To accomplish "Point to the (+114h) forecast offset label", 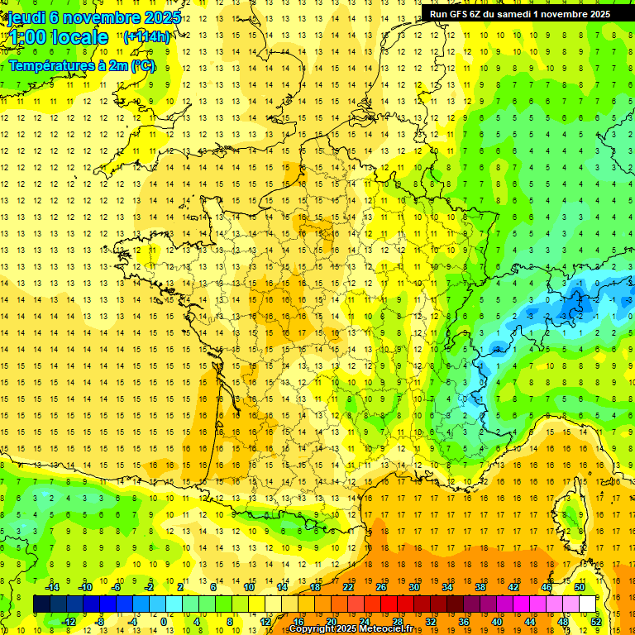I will point(147,37).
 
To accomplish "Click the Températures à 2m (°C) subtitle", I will point(82,65).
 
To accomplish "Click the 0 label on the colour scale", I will point(163,622).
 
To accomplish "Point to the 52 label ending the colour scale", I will point(596,622).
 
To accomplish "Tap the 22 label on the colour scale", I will point(348,587).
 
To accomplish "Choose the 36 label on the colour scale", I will point(464,622).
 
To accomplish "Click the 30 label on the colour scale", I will point(414,587).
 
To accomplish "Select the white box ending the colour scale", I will point(587,604).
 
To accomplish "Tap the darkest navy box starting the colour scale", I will point(41,604).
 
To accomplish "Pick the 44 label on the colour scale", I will point(530,622).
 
